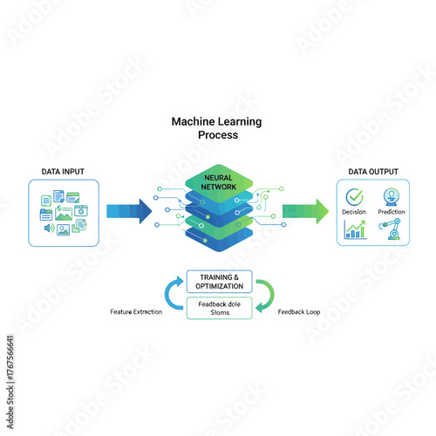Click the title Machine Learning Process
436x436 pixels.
[217, 129]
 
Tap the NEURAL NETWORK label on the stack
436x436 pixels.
[218, 182]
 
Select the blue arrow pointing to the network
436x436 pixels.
[127, 210]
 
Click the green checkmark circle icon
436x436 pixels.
[354, 197]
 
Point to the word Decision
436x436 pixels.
[354, 212]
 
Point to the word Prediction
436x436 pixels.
[392, 212]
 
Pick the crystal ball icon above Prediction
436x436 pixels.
[392, 196]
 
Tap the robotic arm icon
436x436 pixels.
[392, 229]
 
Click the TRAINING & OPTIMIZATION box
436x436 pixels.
[220, 282]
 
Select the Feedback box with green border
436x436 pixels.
[220, 307]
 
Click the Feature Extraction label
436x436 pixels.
[136, 311]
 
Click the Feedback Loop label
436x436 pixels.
[299, 311]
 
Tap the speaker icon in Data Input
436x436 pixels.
[47, 228]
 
